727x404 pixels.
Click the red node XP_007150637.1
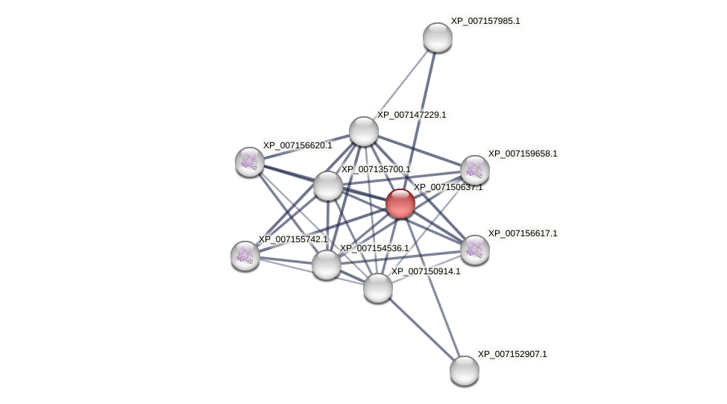400,203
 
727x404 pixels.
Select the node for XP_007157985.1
438,37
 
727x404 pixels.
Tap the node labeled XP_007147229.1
364,131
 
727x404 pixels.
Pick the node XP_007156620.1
250,162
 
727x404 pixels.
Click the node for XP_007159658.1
475,170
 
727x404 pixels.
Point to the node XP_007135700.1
328,186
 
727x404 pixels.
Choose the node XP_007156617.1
475,250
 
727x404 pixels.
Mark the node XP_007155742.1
245,256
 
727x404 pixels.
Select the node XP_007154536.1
327,265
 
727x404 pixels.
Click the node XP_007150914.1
378,288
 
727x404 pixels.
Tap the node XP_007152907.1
465,370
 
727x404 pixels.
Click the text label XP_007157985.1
485,21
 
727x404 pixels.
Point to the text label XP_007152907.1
512,354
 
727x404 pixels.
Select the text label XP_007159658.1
523,154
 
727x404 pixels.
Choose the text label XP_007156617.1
523,233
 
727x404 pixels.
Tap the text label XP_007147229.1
412,115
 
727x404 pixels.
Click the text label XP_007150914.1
426,271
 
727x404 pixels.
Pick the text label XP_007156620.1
298,145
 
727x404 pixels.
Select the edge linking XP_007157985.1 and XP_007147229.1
400,84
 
